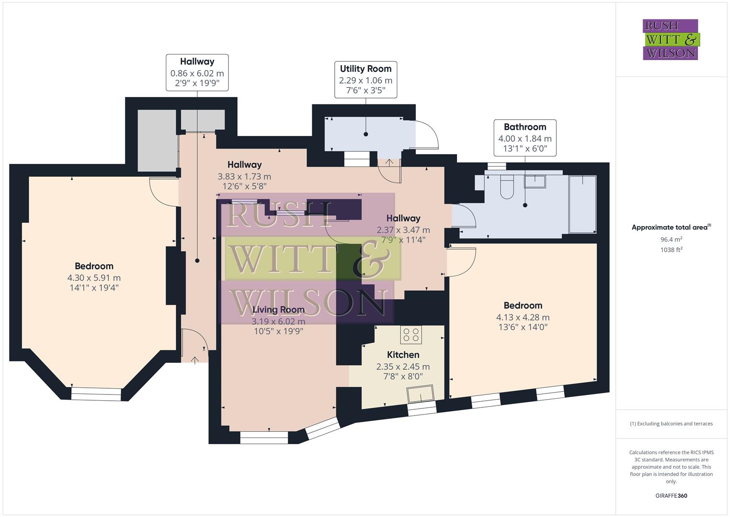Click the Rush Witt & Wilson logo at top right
coord(670,40)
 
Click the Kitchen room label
coord(403,355)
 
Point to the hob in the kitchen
coord(411,335)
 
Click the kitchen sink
coord(420,394)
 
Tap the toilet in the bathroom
coord(506,187)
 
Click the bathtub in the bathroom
coord(583,204)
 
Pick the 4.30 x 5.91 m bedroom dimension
coord(94,278)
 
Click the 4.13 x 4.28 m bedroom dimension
coord(523,317)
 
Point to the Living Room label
coord(278,310)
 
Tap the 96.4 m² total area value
coord(671,239)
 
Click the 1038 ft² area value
coord(671,249)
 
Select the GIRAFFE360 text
coord(671,496)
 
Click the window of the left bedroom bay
coord(96,393)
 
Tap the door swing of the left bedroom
coord(163,191)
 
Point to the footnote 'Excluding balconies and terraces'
coord(671,424)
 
